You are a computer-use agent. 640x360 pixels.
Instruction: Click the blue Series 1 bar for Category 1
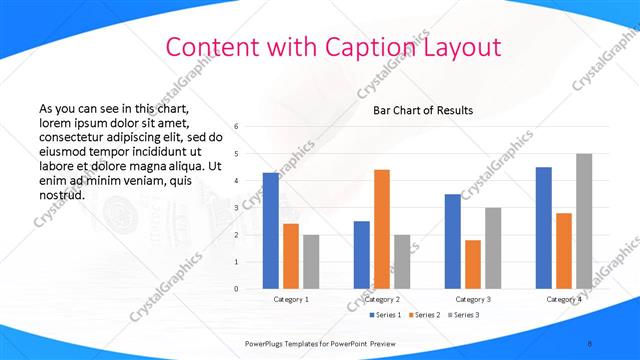(x=271, y=231)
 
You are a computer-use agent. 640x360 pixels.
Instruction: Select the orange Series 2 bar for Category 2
(x=382, y=229)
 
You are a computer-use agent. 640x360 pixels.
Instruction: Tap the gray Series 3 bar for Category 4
(x=584, y=221)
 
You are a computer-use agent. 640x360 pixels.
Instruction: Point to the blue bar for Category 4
(x=543, y=228)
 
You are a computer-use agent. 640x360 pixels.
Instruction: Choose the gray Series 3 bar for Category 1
(x=311, y=262)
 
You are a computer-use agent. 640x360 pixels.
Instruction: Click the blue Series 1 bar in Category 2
(x=361, y=255)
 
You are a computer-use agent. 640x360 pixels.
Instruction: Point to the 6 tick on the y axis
(x=236, y=127)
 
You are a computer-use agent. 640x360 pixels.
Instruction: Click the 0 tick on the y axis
(x=236, y=289)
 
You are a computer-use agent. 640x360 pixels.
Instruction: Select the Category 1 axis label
(x=291, y=299)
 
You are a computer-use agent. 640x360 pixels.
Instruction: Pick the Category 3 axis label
(x=473, y=299)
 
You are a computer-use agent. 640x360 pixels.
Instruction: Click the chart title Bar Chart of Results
(x=423, y=110)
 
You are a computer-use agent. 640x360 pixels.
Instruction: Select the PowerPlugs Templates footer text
(x=321, y=342)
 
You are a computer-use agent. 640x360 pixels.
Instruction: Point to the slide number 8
(x=589, y=342)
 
